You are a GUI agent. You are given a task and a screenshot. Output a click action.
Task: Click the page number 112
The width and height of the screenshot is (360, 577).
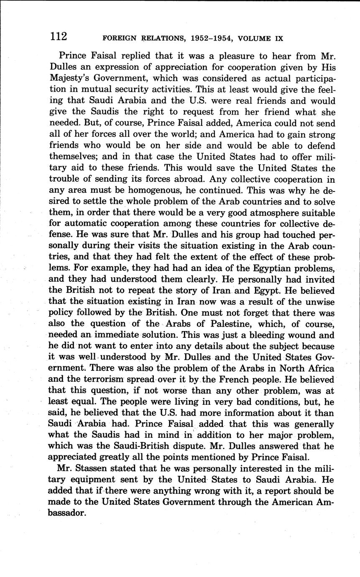59,37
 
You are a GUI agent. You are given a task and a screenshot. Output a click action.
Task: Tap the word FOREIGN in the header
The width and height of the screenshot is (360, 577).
119,38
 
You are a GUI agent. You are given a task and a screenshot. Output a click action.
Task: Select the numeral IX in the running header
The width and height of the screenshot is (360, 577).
279,38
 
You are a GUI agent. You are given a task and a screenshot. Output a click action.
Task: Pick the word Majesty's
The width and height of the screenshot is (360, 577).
69,78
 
